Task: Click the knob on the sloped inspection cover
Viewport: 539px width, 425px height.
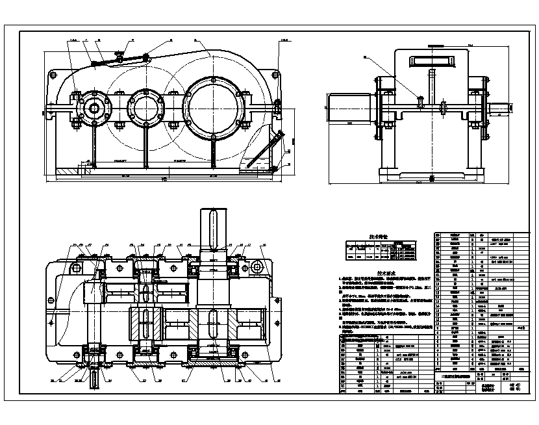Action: pos(118,54)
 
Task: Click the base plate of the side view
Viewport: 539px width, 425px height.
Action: pos(429,177)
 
